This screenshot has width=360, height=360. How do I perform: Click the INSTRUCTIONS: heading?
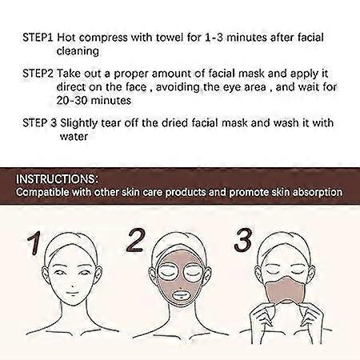pos(58,178)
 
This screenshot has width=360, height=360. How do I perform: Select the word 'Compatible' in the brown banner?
pos(47,192)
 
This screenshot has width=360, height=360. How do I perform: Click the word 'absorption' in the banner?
pos(315,192)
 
